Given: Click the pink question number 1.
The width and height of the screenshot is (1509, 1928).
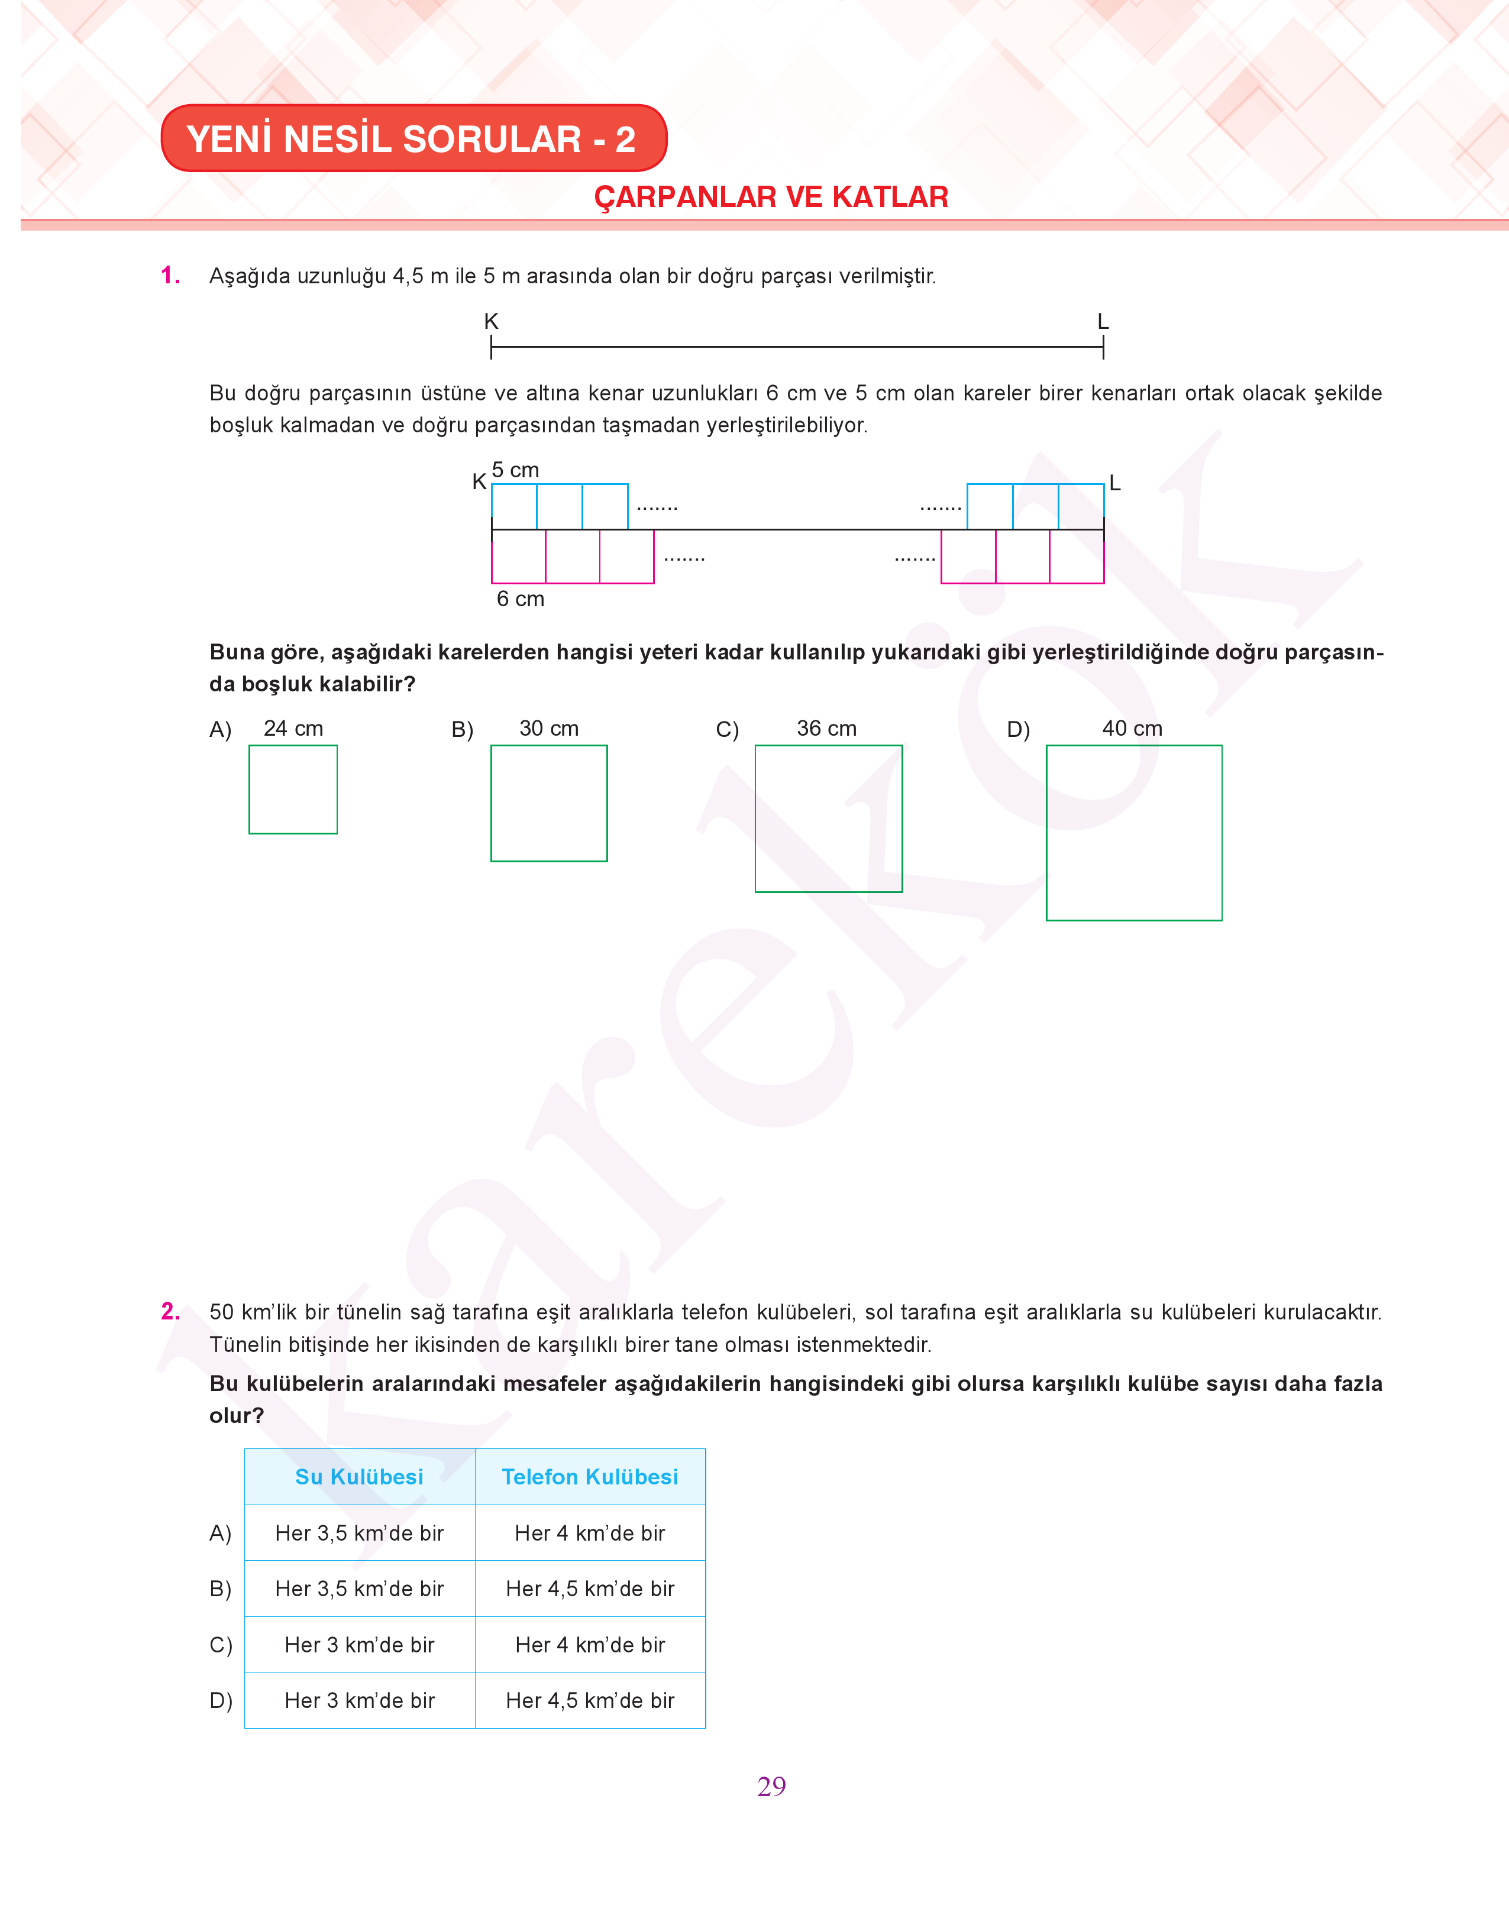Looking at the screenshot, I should [170, 276].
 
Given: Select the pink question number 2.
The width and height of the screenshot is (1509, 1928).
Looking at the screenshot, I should [170, 1312].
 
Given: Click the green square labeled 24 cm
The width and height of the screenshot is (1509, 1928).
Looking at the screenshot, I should [292, 790].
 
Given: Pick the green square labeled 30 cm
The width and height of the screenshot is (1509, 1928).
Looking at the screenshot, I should [549, 803].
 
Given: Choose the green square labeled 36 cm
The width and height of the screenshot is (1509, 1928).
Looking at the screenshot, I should [828, 819].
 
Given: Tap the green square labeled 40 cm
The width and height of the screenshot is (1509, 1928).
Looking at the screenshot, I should [1133, 833].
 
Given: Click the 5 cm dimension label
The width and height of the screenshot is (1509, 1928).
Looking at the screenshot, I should [515, 470].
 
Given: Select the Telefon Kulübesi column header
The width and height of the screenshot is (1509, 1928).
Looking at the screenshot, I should [589, 1477].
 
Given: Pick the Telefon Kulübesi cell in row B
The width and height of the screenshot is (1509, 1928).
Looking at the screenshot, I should [589, 1589].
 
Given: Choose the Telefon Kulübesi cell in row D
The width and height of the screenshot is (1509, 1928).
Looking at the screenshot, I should [589, 1700].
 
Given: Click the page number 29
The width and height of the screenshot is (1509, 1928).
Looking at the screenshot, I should [771, 1786].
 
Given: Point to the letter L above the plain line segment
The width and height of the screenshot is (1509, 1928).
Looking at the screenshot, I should [1103, 322].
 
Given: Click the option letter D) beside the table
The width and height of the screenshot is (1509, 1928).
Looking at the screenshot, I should [221, 1700].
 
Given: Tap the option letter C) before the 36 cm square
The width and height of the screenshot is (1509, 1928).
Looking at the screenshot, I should [727, 730].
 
